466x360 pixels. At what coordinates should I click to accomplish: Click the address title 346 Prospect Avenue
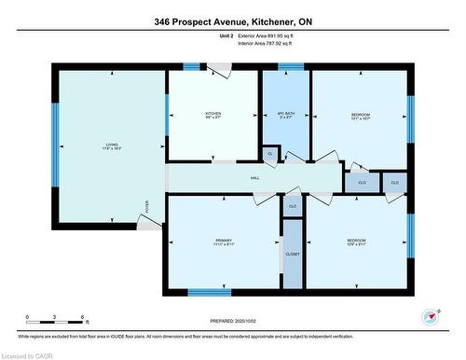point(233,21)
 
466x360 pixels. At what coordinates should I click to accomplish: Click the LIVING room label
point(111,145)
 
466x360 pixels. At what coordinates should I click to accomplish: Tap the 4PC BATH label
point(284,114)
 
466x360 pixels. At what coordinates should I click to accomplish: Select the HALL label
point(254,178)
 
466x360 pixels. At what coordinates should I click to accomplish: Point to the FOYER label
point(145,207)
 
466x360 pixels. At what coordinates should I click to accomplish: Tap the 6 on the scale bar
point(83,318)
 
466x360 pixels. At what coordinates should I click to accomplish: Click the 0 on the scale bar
point(27,318)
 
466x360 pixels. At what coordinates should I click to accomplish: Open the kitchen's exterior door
point(217,69)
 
